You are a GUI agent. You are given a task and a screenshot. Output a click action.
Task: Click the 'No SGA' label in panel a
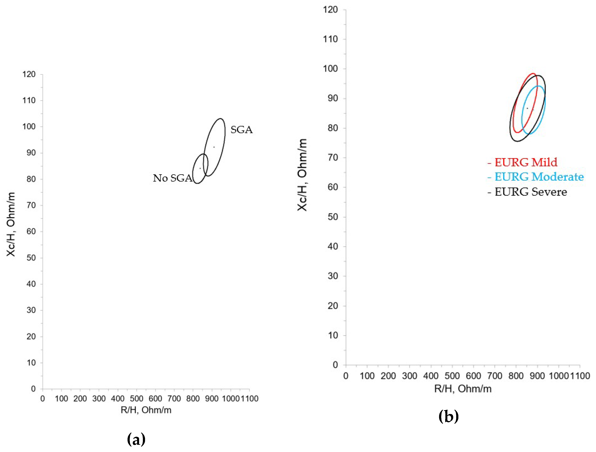(172, 178)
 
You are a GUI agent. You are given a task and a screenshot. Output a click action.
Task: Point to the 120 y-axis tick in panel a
(29, 74)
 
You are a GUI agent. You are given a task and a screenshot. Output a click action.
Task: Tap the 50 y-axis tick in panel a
(31, 258)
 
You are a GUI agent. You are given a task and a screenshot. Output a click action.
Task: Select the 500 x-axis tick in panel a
(137, 399)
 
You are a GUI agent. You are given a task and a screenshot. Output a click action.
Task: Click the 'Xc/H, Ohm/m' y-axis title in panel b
(302, 175)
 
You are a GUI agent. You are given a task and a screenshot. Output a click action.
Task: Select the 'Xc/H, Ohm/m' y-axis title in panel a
(11, 224)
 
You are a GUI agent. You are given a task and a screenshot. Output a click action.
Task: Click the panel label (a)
(136, 440)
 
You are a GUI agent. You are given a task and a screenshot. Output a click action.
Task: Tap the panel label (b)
(449, 417)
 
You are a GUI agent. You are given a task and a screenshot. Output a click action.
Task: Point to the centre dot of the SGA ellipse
(214, 147)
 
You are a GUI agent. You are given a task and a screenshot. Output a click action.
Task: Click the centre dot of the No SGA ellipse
(200, 168)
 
